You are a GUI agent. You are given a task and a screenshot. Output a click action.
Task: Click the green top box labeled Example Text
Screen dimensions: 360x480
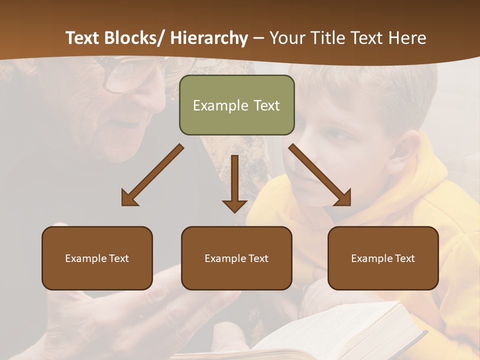[x=236, y=105]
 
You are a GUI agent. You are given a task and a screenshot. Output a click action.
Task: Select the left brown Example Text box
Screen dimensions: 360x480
[x=97, y=258]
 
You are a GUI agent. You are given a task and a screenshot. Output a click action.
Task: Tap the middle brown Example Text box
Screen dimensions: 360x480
[x=236, y=258]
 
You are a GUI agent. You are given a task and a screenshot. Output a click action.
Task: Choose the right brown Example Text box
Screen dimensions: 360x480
[x=383, y=258]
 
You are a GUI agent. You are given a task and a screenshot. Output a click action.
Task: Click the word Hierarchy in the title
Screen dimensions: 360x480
[x=209, y=38]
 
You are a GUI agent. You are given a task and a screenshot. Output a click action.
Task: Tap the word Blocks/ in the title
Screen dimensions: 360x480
[x=134, y=38]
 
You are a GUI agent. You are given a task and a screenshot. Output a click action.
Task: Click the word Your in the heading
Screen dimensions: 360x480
[x=287, y=38]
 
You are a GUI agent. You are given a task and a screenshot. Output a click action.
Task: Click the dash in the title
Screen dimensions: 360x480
[x=258, y=38]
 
